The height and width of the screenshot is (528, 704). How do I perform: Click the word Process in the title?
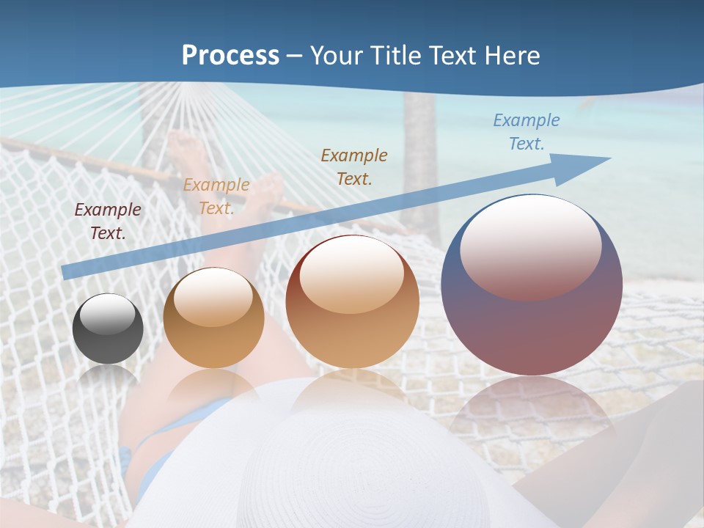(230, 56)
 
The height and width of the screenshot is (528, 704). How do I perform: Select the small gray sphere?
(108, 329)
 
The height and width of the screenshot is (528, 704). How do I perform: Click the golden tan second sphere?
(213, 318)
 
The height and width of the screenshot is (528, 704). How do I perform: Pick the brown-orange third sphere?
(352, 301)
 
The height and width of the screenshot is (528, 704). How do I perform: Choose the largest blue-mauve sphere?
(532, 285)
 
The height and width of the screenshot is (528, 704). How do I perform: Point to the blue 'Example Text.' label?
(526, 132)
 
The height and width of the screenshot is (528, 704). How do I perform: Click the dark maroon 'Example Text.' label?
(108, 221)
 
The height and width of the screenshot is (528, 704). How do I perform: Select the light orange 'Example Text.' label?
(216, 197)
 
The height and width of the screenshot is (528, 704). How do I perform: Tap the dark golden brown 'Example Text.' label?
(354, 166)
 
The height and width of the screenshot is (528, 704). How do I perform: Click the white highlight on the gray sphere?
(108, 314)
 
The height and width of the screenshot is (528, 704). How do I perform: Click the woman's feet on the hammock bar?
(183, 150)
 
